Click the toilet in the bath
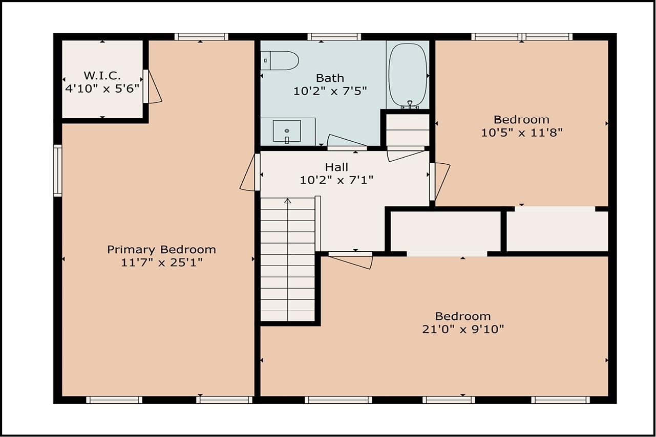280,60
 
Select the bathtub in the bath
407,75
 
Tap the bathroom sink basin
287,131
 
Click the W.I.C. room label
102,76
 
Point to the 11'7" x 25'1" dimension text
162,263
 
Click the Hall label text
336,167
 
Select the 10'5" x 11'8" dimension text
522,133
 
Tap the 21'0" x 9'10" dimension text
463,330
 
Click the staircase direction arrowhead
288,201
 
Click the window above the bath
334,37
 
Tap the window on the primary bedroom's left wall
58,170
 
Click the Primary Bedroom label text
162,250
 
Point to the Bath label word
330,78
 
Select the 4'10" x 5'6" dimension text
102,89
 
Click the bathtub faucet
410,103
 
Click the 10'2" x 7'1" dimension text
337,180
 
